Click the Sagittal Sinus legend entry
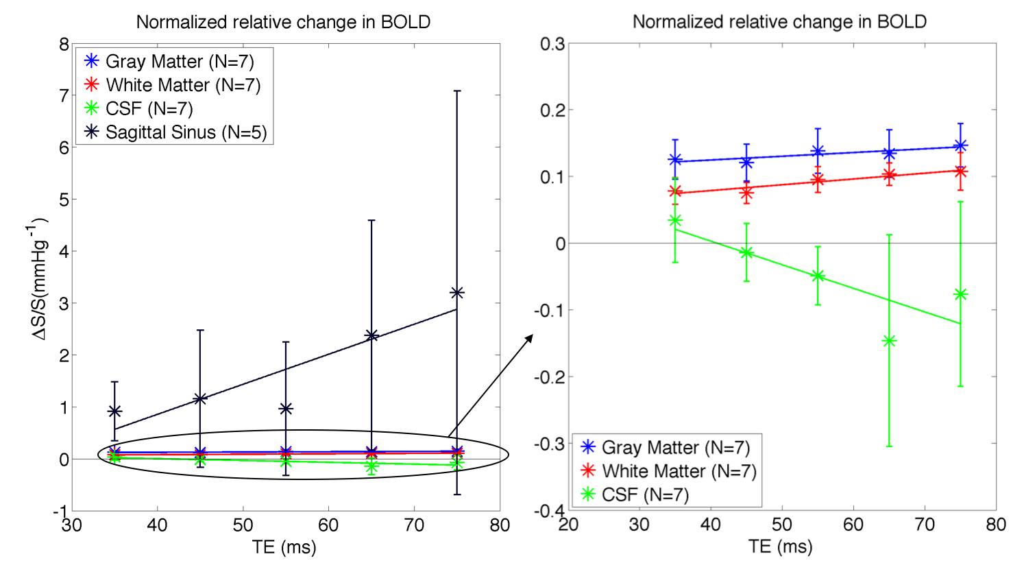(186, 132)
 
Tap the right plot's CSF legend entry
(644, 494)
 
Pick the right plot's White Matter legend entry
(679, 471)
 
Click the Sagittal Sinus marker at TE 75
(457, 293)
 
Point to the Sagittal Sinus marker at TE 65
(371, 335)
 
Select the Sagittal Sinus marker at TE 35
(115, 411)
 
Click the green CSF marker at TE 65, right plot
(889, 341)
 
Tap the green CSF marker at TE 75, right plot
(960, 294)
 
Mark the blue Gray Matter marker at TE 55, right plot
(818, 152)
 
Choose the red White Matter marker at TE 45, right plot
(746, 193)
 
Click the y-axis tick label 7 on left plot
(64, 95)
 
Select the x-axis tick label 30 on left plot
(72, 526)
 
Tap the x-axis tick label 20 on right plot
(568, 526)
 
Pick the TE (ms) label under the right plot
(781, 547)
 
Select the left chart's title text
(283, 22)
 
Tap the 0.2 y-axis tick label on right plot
(552, 110)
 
